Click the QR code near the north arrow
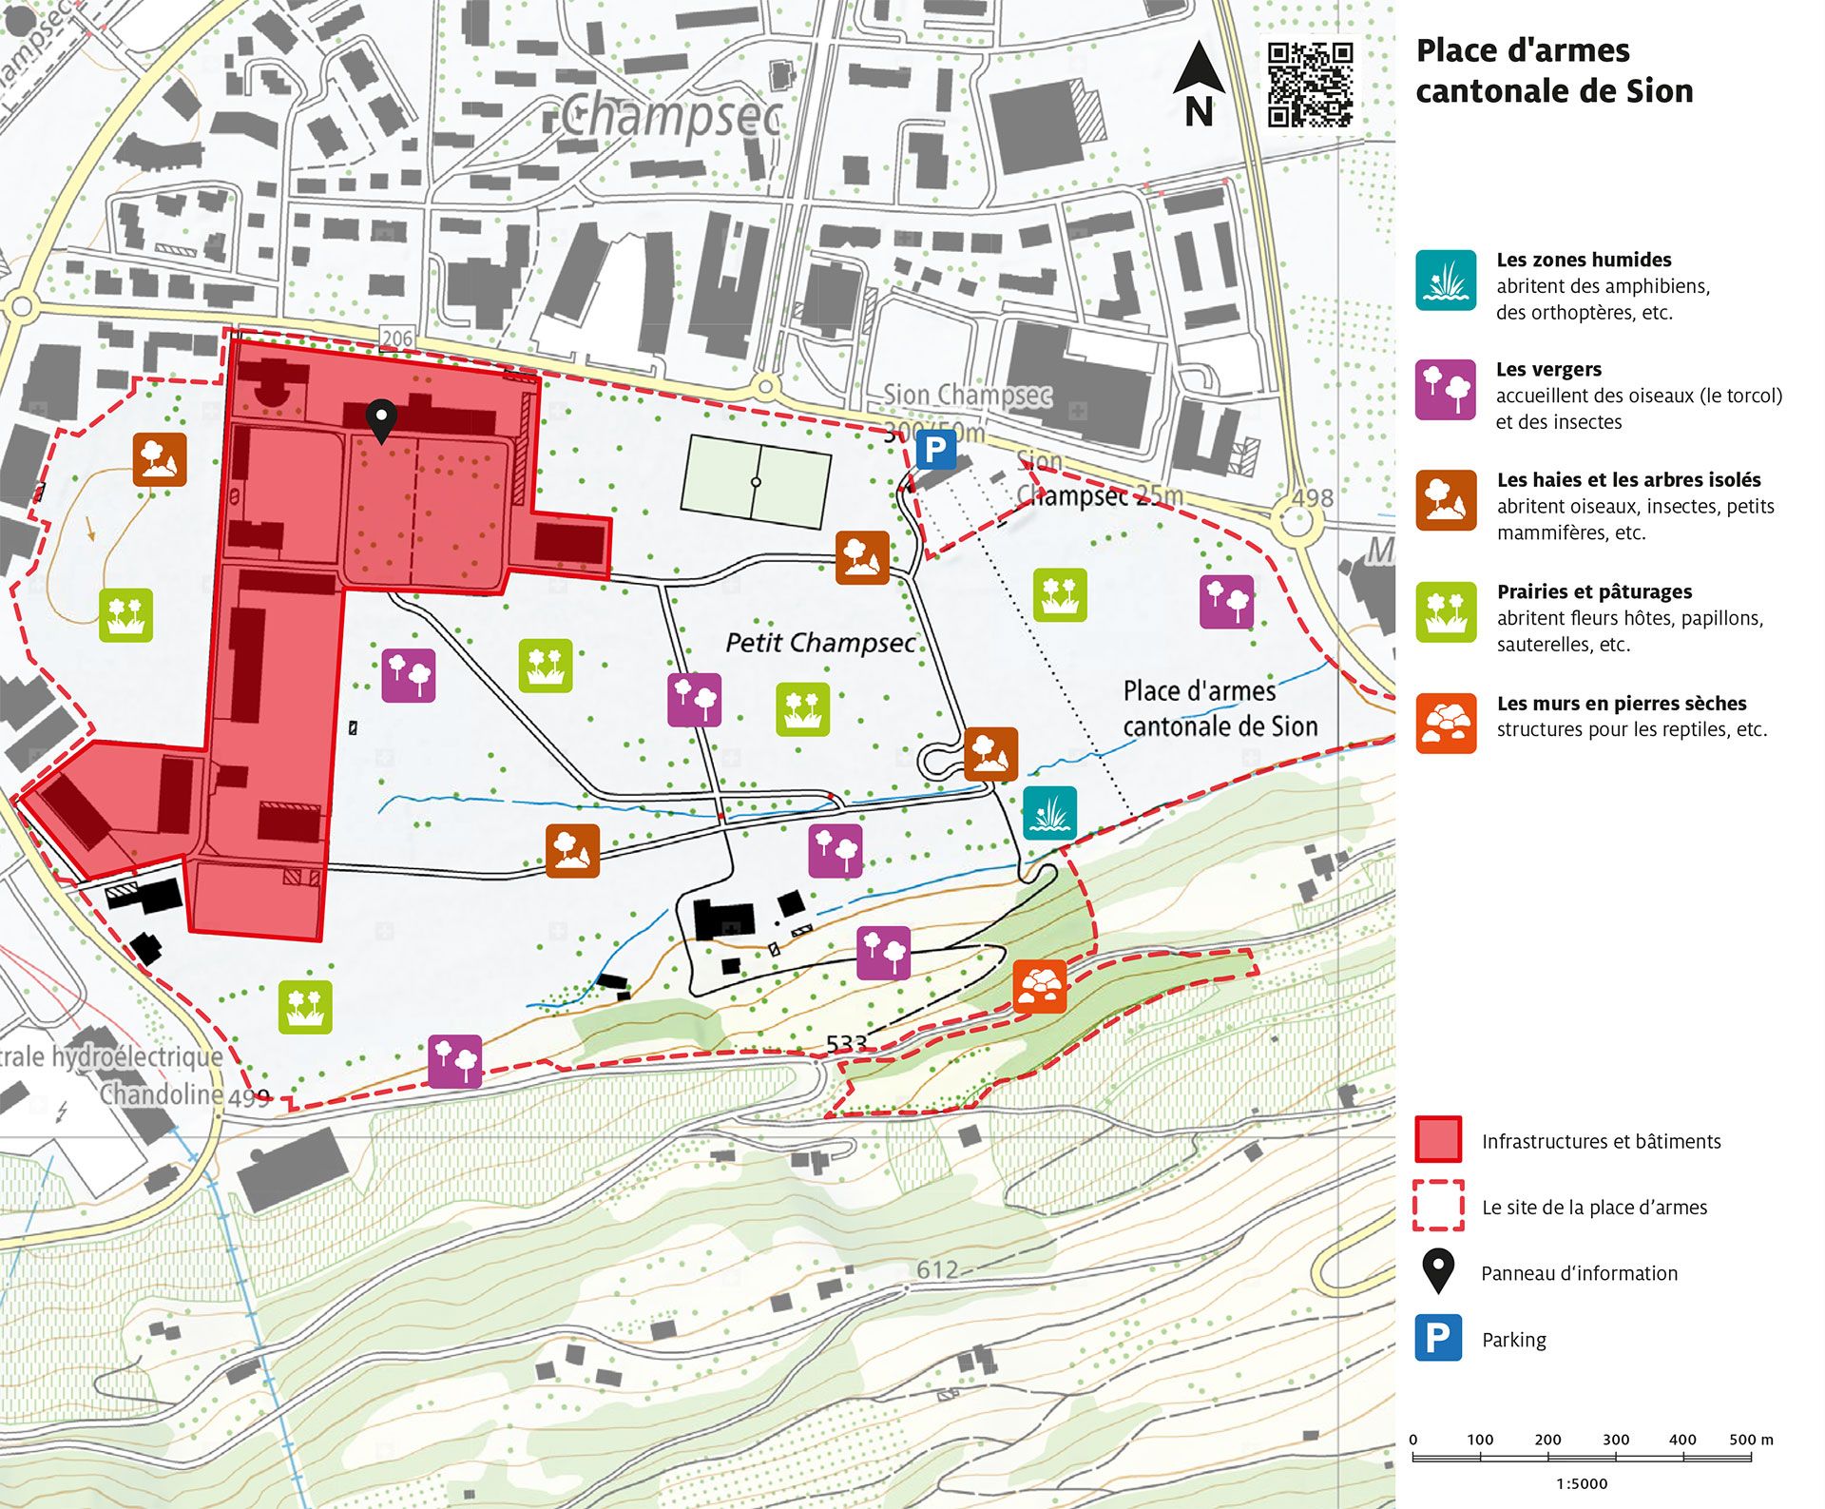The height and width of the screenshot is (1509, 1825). (x=1310, y=85)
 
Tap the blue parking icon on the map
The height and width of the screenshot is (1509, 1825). (x=935, y=450)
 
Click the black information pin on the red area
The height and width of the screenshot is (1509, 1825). (x=381, y=420)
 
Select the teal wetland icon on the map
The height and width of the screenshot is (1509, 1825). (x=1049, y=813)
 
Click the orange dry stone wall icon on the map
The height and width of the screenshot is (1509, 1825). (x=1040, y=986)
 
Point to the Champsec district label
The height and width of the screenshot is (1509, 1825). (x=670, y=117)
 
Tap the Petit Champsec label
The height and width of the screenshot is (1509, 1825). (x=819, y=643)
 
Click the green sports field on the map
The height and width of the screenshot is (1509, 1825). (x=756, y=481)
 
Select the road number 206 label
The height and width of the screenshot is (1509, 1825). (x=397, y=338)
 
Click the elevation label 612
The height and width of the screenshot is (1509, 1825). (x=937, y=1270)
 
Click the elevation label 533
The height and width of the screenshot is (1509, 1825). (x=846, y=1044)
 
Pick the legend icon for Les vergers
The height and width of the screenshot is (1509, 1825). (x=1445, y=390)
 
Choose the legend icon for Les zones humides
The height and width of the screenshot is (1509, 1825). (x=1445, y=281)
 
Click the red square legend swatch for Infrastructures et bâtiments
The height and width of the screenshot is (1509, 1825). (x=1438, y=1139)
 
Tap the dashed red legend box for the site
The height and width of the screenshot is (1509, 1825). (x=1438, y=1206)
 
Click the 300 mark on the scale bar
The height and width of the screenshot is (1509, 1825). (x=1615, y=1440)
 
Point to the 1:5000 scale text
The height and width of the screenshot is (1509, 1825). (x=1582, y=1483)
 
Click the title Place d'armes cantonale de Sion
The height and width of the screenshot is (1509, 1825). (x=1554, y=70)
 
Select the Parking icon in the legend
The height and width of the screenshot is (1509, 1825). (x=1438, y=1338)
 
